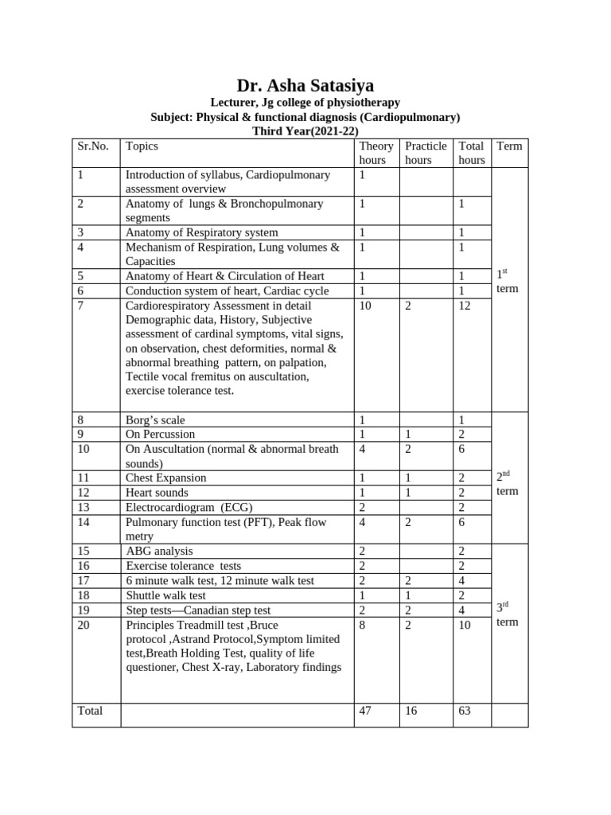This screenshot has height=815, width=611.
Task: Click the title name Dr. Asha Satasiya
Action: click(305, 85)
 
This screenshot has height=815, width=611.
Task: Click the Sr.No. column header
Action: click(93, 146)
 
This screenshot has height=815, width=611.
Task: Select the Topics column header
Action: click(142, 146)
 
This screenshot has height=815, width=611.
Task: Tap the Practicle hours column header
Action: click(426, 153)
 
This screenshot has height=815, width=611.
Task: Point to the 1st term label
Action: click(507, 281)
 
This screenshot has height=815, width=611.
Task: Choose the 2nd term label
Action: click(507, 483)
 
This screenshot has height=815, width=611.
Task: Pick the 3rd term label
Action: click(507, 614)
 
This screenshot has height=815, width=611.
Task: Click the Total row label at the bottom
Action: click(90, 711)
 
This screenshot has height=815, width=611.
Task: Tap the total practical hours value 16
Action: click(412, 711)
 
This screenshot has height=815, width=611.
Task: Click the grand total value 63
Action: click(465, 711)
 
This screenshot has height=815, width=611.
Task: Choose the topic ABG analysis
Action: click(159, 551)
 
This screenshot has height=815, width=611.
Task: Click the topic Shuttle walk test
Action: click(165, 595)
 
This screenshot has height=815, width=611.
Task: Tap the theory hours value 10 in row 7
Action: click(367, 306)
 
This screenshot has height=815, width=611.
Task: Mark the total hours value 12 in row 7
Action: click(465, 306)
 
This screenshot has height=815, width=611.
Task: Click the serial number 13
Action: click(84, 507)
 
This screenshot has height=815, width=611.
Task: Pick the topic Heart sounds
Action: click(157, 493)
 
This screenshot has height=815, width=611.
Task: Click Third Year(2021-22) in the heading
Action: click(305, 131)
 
